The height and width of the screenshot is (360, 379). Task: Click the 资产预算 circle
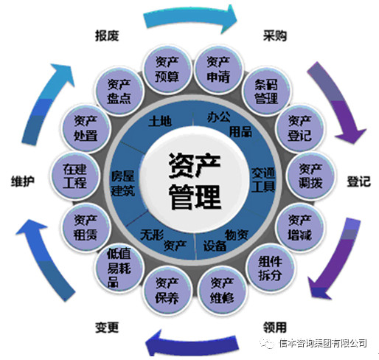167,69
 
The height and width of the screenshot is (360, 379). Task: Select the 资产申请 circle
218,69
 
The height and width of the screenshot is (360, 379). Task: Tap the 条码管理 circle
266,91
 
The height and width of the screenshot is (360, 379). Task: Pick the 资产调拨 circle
310,176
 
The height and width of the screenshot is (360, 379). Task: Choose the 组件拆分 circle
271,268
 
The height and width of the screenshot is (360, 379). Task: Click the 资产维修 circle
222,291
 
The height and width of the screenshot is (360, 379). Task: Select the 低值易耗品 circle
119,268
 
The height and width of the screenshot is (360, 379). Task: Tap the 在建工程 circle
75,176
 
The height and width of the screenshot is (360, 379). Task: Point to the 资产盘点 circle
119,91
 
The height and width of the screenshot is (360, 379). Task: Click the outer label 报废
107,35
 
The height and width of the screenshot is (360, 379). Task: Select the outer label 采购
275,35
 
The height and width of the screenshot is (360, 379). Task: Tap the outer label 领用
275,328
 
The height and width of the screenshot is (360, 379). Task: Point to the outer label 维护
23,181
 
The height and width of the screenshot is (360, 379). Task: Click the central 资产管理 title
195,181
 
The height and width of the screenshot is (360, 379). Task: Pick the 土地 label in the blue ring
160,121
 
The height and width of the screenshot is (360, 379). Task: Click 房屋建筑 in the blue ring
123,183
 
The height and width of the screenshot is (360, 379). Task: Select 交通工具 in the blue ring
263,180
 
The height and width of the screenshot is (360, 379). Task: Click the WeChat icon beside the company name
267,342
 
